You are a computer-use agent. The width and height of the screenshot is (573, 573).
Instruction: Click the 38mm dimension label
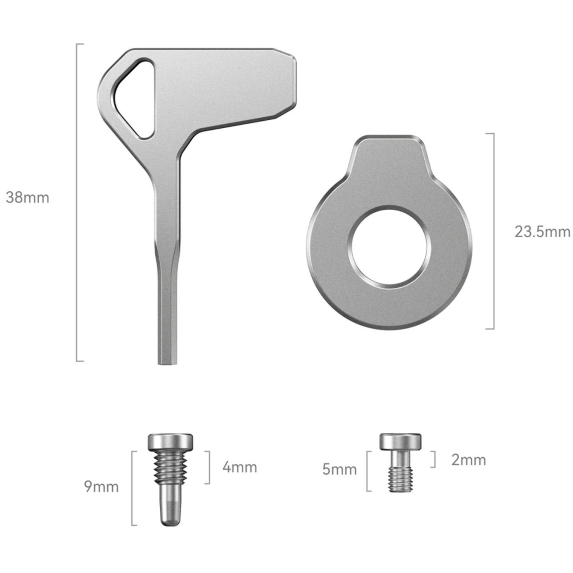tap(28, 197)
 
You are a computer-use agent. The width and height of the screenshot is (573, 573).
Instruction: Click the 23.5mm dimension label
tap(542, 232)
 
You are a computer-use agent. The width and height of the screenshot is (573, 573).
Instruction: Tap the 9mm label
tap(101, 487)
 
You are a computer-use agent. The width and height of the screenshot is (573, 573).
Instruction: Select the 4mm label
tap(240, 467)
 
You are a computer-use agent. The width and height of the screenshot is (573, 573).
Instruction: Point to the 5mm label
tap(339, 469)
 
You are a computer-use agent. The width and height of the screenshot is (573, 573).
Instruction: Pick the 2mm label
tap(468, 460)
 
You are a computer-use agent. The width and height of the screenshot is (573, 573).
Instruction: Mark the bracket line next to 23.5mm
tap(494, 231)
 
